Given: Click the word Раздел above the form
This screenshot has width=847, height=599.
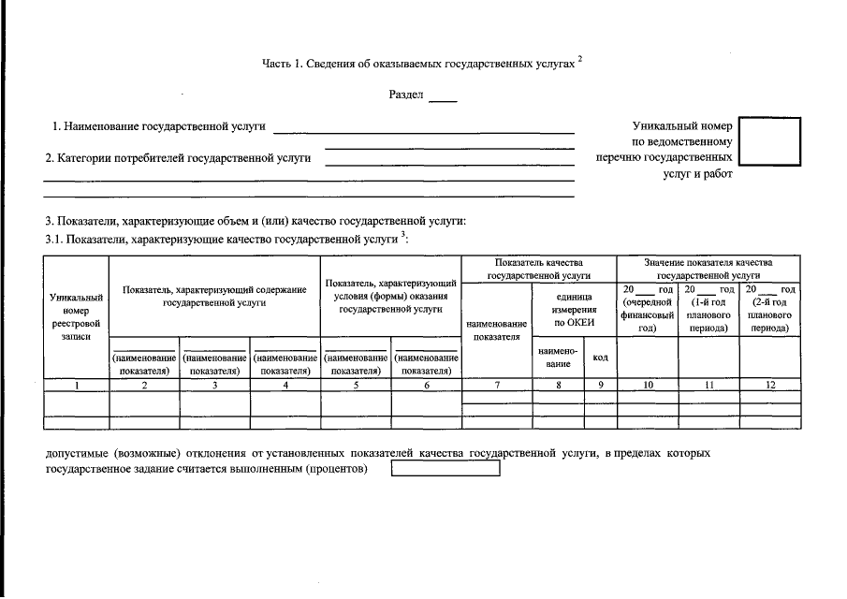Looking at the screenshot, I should (x=406, y=95).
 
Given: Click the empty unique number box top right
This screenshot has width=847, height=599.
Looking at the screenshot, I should (x=769, y=141).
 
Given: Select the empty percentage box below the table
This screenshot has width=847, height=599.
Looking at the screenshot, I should (x=445, y=469).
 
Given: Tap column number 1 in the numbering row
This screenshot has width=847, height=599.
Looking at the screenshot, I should (x=77, y=385).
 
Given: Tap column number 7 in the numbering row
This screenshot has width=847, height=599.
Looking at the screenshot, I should (x=497, y=385).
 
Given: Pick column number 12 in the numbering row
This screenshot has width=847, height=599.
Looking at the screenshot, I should (x=769, y=385).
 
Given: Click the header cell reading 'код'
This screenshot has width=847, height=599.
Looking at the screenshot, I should (x=601, y=358).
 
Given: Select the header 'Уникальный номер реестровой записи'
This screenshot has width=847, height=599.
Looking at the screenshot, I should (x=77, y=316).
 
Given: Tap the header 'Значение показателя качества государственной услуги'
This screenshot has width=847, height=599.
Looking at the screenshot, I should (x=708, y=270).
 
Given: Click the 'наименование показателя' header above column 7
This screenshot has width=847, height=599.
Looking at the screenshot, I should (x=497, y=329).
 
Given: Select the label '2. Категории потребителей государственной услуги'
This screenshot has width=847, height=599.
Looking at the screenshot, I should (x=179, y=158).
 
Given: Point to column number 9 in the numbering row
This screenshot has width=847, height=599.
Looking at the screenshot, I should (x=601, y=385).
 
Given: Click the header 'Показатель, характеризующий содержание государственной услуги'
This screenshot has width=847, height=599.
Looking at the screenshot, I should (x=215, y=296).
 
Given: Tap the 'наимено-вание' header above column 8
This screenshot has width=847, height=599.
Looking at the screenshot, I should (x=559, y=358).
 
